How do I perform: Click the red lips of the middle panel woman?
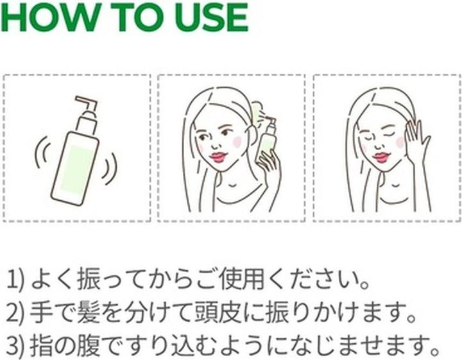[218, 157]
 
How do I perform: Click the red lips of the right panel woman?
[382, 157]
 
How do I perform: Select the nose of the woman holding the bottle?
[215, 144]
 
